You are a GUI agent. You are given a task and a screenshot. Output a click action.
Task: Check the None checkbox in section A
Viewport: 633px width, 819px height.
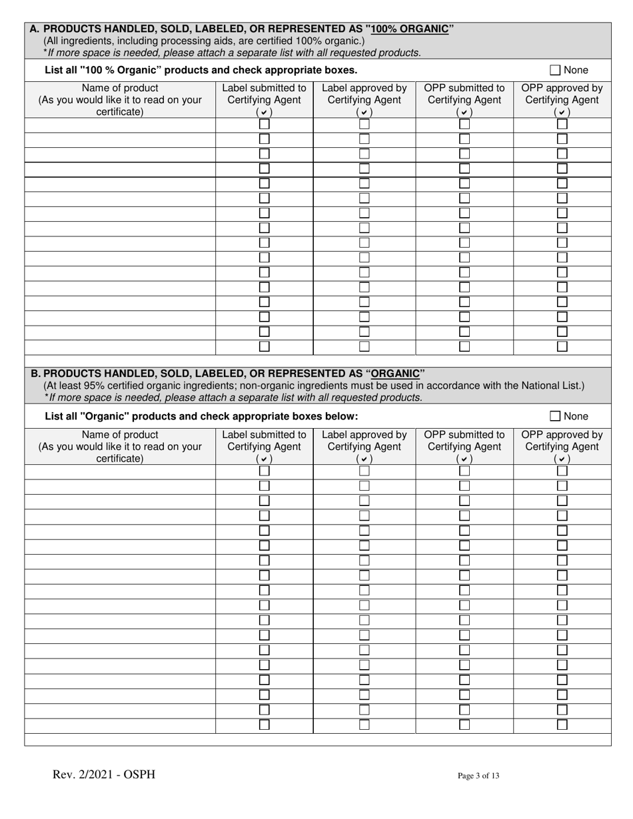coord(555,70)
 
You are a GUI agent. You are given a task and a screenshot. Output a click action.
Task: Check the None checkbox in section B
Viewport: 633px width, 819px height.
coord(555,416)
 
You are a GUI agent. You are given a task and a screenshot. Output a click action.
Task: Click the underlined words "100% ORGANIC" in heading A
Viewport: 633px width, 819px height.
coord(408,29)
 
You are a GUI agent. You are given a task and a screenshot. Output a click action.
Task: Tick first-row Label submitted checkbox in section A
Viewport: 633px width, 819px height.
coord(265,124)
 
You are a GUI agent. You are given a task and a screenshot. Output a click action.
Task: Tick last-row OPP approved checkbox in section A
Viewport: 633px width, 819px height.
coord(562,346)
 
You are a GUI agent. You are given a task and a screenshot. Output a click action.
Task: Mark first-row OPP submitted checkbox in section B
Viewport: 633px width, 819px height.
coord(464,471)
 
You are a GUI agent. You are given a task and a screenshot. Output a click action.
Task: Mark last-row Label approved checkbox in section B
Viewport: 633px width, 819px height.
coord(364,724)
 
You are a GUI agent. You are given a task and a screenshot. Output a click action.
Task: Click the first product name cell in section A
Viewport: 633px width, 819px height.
coord(120,125)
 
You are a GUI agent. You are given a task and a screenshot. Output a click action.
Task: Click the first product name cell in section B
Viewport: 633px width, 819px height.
coord(120,471)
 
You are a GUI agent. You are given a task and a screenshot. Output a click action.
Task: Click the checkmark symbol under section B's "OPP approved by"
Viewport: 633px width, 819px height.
coord(562,459)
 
